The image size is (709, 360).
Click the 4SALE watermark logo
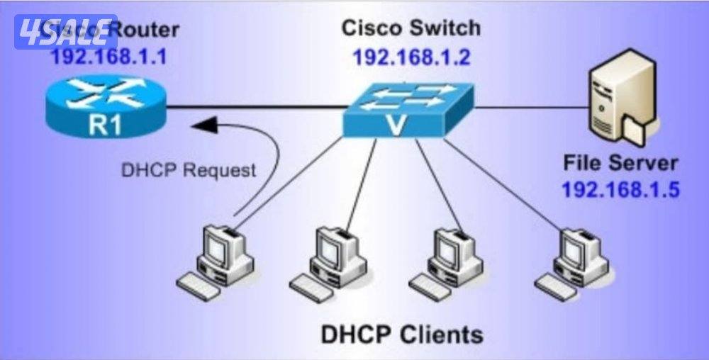pyautogui.click(x=65, y=32)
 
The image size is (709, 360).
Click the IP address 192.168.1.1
pyautogui.click(x=108, y=56)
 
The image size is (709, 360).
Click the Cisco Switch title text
pyautogui.click(x=411, y=28)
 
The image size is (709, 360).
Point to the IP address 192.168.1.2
pyautogui.click(x=411, y=57)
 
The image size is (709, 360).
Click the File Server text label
pyautogui.click(x=620, y=162)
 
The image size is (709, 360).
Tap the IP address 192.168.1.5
pyautogui.click(x=620, y=189)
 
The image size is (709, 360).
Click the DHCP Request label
pyautogui.click(x=189, y=170)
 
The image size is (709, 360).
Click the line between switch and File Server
pyautogui.click(x=532, y=108)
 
